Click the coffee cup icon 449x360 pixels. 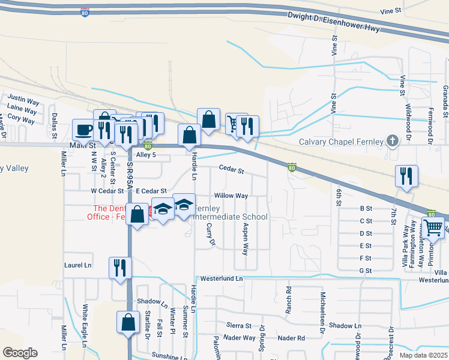[83, 129]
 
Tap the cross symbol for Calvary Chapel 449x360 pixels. [393, 142]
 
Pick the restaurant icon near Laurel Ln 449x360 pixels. [119, 267]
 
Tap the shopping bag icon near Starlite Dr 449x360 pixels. [128, 322]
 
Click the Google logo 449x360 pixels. [20, 353]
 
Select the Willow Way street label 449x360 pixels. [231, 196]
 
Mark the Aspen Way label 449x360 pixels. [245, 239]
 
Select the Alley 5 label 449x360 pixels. [146, 155]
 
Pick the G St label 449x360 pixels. [365, 271]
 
